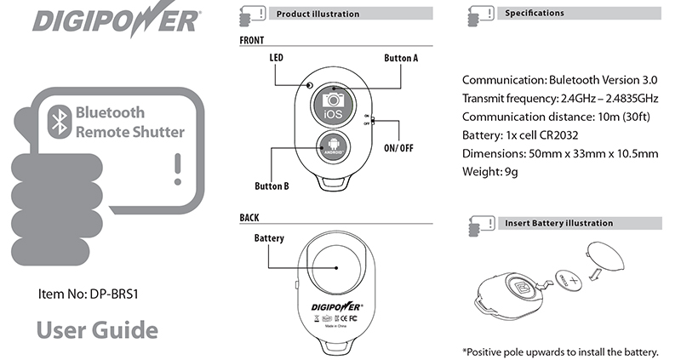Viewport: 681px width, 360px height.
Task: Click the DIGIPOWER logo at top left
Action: pos(117,20)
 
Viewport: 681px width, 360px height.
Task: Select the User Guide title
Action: pos(97,330)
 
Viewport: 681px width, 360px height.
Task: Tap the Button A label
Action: pos(401,58)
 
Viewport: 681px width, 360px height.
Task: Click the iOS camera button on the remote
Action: pos(335,106)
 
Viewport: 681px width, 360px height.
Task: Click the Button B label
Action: pos(272,186)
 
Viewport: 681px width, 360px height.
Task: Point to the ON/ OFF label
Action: pos(398,147)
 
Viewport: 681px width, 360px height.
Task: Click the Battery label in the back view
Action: pos(269,238)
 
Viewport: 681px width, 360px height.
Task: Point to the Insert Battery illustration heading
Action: pos(558,223)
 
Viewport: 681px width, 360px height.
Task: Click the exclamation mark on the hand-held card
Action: pos(177,169)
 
